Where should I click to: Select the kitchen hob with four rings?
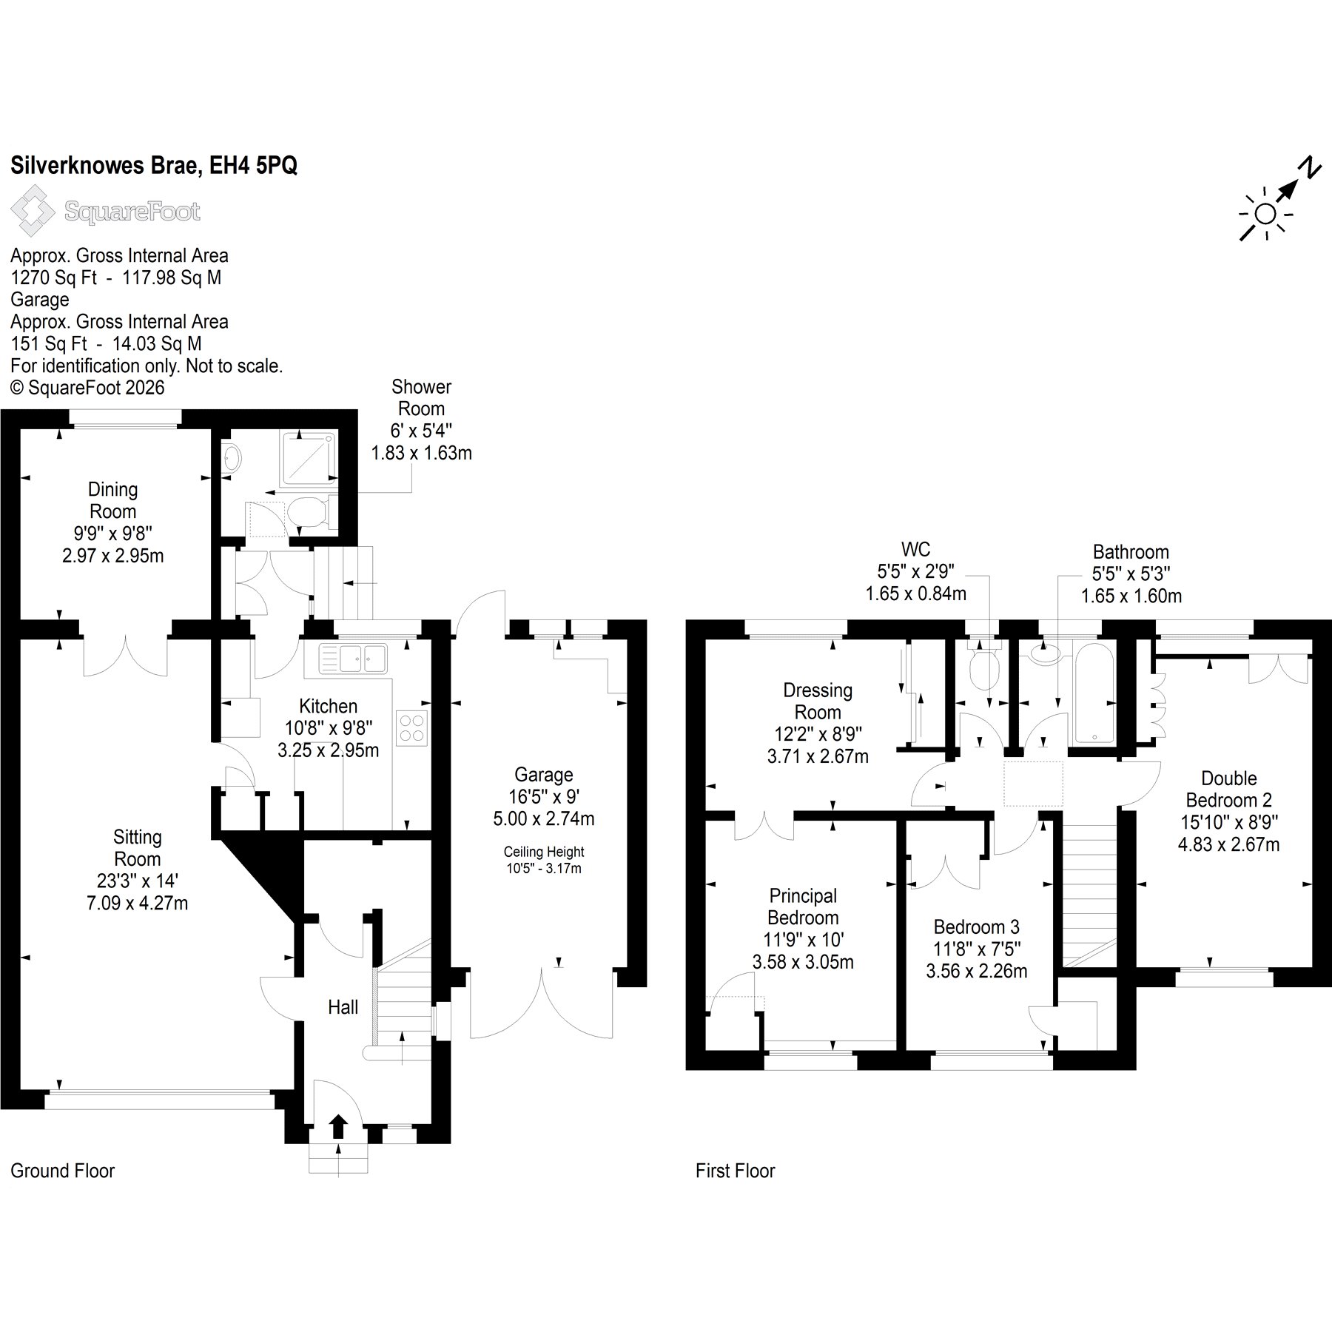click(x=412, y=727)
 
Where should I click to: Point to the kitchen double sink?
click(x=354, y=658)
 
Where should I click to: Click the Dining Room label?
click(x=112, y=500)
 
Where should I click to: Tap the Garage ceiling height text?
click(x=544, y=860)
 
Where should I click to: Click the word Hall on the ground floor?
click(x=343, y=1006)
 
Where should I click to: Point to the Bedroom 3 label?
click(x=977, y=926)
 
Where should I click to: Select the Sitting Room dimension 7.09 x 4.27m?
click(x=138, y=903)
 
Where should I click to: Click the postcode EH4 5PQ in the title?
click(x=254, y=165)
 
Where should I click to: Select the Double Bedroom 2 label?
click(x=1229, y=789)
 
